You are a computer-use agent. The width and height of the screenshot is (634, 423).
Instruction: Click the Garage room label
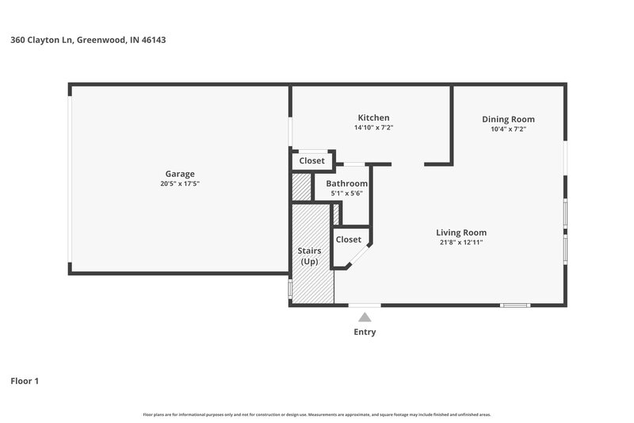[179, 174]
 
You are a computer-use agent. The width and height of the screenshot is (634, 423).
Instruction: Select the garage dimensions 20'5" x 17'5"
[179, 184]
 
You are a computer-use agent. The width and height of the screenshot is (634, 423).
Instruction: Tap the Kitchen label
[373, 117]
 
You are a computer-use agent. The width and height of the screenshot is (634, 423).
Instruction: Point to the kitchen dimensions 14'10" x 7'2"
[373, 128]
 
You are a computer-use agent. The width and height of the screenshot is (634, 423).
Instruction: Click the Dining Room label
[508, 119]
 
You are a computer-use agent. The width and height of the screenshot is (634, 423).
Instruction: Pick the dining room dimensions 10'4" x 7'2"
[508, 129]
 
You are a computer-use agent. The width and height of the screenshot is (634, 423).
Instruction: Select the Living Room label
[460, 232]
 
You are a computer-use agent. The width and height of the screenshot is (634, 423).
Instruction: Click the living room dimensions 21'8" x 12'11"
[460, 242]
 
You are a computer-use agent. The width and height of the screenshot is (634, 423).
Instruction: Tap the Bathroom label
[346, 183]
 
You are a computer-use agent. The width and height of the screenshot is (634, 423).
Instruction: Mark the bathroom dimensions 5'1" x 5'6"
[346, 194]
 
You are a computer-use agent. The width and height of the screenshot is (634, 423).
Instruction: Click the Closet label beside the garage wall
[311, 160]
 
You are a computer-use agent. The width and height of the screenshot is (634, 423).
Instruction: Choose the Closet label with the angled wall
[348, 239]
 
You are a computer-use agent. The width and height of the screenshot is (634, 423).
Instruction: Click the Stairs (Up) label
[309, 256]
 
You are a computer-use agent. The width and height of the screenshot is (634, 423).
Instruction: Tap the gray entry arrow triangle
[365, 317]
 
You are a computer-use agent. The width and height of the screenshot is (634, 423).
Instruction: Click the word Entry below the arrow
[365, 332]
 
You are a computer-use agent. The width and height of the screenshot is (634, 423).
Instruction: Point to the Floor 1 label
[25, 381]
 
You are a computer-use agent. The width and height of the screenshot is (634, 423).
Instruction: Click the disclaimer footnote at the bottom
[316, 414]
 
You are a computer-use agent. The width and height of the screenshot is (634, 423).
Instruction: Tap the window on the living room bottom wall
[515, 306]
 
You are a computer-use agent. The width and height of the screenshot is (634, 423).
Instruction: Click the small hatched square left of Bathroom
[301, 187]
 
